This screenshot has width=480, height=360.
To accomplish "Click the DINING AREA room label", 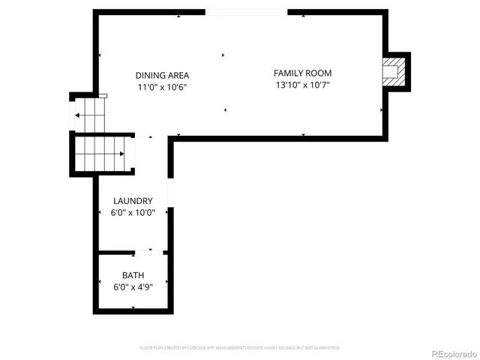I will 162,75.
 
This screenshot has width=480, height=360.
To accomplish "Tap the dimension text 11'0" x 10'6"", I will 162,87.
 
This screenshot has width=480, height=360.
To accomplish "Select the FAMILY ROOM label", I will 302,73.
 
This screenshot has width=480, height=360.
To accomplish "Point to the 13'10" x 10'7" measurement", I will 302,85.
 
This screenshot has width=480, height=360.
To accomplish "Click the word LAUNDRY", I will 133,201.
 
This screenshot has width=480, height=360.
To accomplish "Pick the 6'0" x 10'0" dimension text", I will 133,213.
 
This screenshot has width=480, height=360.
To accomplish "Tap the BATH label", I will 133,275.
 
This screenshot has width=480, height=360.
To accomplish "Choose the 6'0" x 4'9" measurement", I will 133,287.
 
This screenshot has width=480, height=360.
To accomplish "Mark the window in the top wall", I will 246,12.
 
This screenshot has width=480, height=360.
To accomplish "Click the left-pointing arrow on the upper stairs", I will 77,115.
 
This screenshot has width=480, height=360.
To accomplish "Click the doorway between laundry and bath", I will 150,252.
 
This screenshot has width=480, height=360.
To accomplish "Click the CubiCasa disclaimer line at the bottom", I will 240,348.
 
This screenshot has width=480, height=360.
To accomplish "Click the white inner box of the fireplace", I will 390,73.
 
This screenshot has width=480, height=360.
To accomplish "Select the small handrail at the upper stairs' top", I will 103,96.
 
